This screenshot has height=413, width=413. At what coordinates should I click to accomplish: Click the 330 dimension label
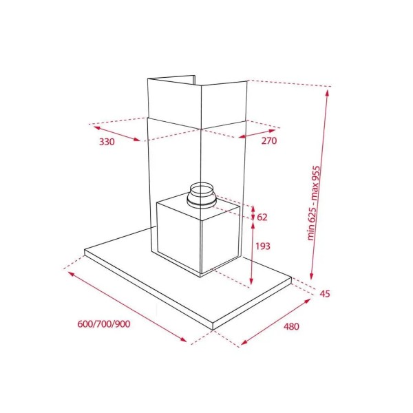coord(106,142)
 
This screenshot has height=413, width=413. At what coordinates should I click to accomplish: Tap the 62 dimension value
coord(262,218)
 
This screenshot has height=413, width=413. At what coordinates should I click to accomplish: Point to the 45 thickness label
coord(326,294)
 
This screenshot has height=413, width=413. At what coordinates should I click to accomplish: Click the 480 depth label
coord(291,326)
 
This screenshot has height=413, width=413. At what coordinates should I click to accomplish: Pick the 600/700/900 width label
coord(105,324)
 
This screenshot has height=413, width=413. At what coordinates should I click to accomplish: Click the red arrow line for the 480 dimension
coord(275,320)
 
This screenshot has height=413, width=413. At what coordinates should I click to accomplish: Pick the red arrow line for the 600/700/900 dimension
coord(128,306)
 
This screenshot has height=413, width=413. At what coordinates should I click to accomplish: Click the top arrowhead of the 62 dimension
coord(252,207)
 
